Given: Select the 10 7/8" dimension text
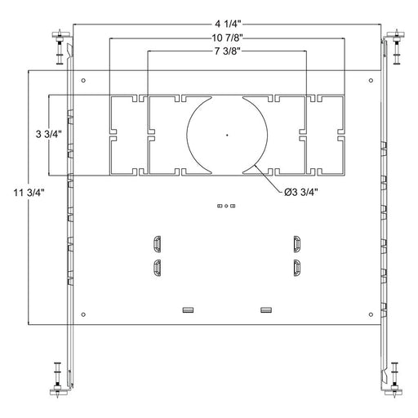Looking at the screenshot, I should [227, 38].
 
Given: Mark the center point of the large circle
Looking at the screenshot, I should [227, 134].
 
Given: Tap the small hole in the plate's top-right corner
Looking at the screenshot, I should [371, 80].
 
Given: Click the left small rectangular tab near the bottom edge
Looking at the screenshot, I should [189, 309].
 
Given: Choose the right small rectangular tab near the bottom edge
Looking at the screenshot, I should [265, 309].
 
